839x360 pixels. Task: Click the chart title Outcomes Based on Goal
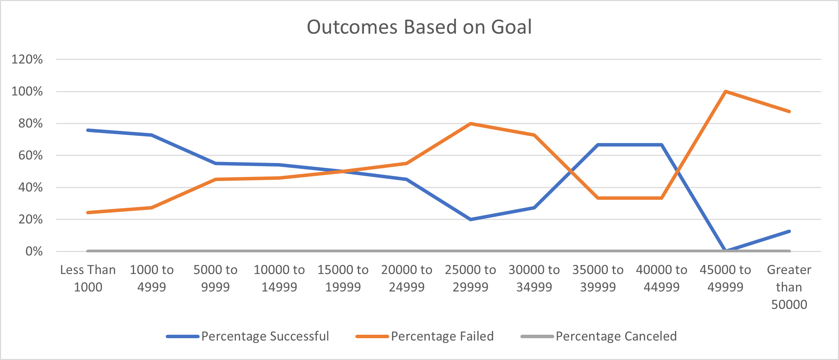click(x=419, y=27)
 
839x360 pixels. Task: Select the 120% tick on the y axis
click(x=27, y=60)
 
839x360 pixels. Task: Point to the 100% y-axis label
click(x=27, y=91)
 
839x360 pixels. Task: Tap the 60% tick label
click(x=30, y=155)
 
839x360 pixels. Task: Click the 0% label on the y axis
click(x=34, y=251)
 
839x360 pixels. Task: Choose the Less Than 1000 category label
click(x=88, y=278)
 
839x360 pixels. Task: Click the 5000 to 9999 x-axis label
click(x=215, y=278)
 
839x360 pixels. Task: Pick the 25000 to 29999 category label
click(x=470, y=278)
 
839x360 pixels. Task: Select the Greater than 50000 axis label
click(x=789, y=287)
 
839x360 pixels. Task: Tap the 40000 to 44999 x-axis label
click(x=661, y=278)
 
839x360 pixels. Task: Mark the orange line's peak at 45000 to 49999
click(x=725, y=92)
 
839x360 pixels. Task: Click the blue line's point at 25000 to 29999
click(x=471, y=219)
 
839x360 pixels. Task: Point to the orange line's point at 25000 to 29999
click(x=471, y=124)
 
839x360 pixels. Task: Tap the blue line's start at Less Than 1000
click(x=88, y=130)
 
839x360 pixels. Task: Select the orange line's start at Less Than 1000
click(x=88, y=213)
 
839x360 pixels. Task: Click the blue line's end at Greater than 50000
click(x=789, y=231)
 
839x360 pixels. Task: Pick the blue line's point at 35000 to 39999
click(x=598, y=145)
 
